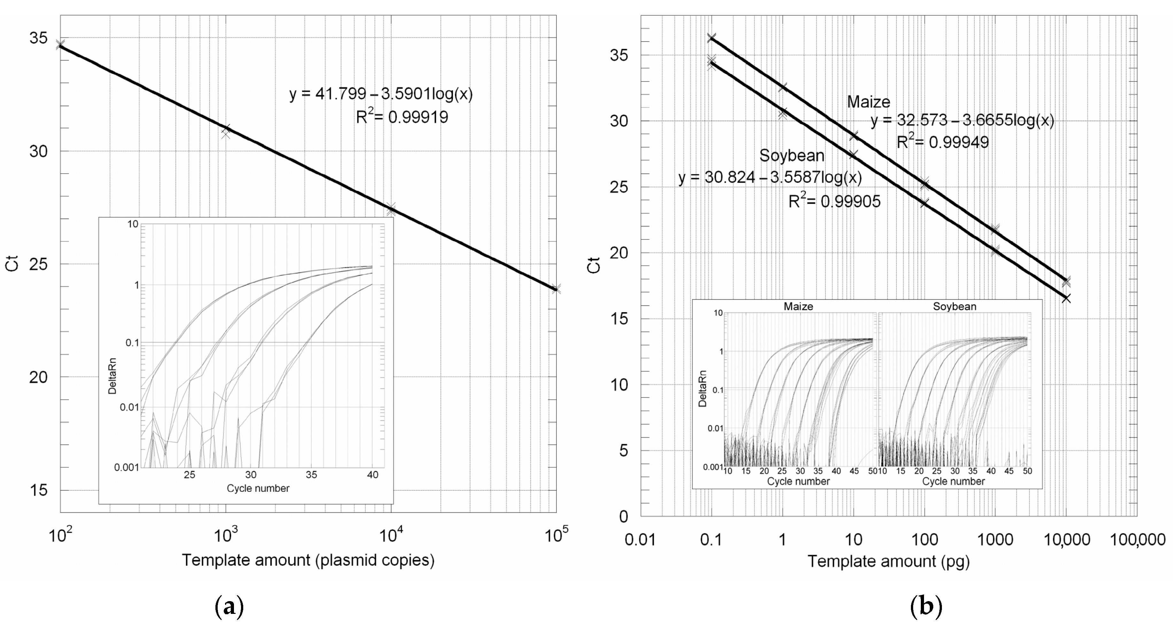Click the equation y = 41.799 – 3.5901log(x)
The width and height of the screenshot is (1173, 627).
381,94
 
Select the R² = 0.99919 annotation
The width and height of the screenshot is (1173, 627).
402,117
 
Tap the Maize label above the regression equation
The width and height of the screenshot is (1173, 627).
868,102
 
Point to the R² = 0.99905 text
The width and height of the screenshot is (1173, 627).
834,201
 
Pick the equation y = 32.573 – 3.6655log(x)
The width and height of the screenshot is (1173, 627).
962,120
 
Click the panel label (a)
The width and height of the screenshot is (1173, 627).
229,607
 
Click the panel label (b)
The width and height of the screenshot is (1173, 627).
926,607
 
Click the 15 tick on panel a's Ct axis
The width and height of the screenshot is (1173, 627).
38,490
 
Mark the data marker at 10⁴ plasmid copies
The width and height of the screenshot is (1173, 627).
391,209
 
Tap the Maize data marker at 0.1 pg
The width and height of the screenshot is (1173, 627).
711,37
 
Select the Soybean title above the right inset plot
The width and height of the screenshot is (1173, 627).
954,307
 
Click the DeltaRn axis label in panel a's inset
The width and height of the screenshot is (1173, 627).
112,376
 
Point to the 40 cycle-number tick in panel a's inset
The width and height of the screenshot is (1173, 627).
372,475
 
